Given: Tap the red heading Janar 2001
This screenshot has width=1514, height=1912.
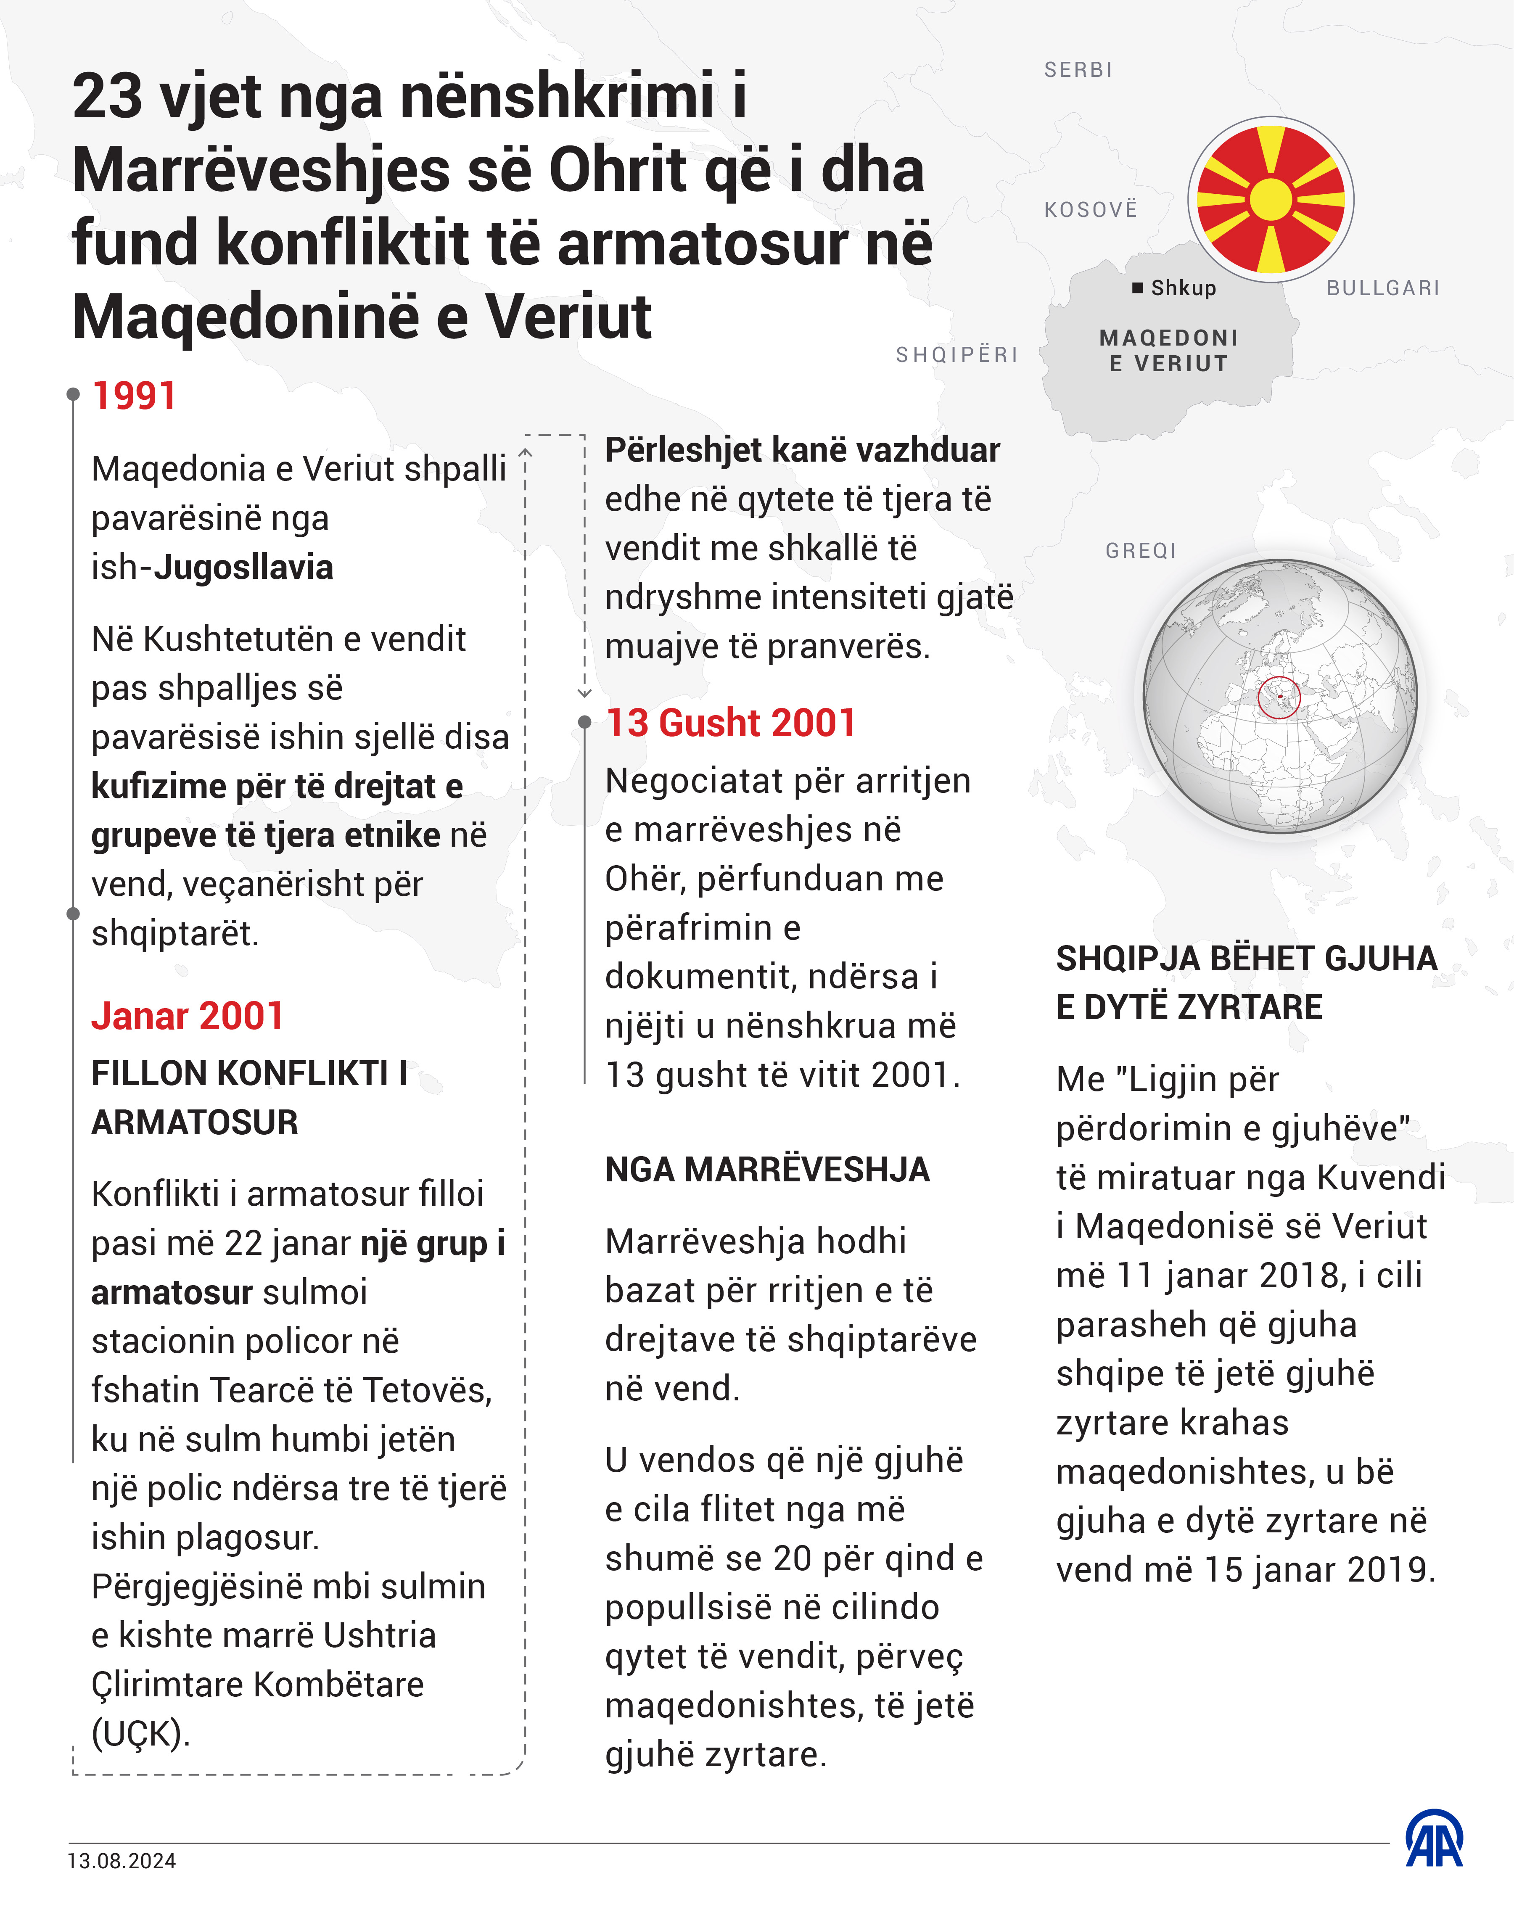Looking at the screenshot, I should coord(187,1016).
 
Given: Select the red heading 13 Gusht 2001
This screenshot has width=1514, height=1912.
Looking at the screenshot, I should coord(730,724).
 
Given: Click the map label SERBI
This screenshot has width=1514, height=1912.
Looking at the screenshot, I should coord(1078,70).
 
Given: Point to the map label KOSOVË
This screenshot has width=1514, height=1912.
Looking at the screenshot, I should coord(1090,210).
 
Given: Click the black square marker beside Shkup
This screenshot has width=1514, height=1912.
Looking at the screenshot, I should coord(1137,288).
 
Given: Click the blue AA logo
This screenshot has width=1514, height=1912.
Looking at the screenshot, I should coord(1434,1839).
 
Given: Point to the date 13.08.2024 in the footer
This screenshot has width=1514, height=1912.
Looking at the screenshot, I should coord(122,1861).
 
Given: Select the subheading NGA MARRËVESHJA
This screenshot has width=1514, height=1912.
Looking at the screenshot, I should coord(767,1170).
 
